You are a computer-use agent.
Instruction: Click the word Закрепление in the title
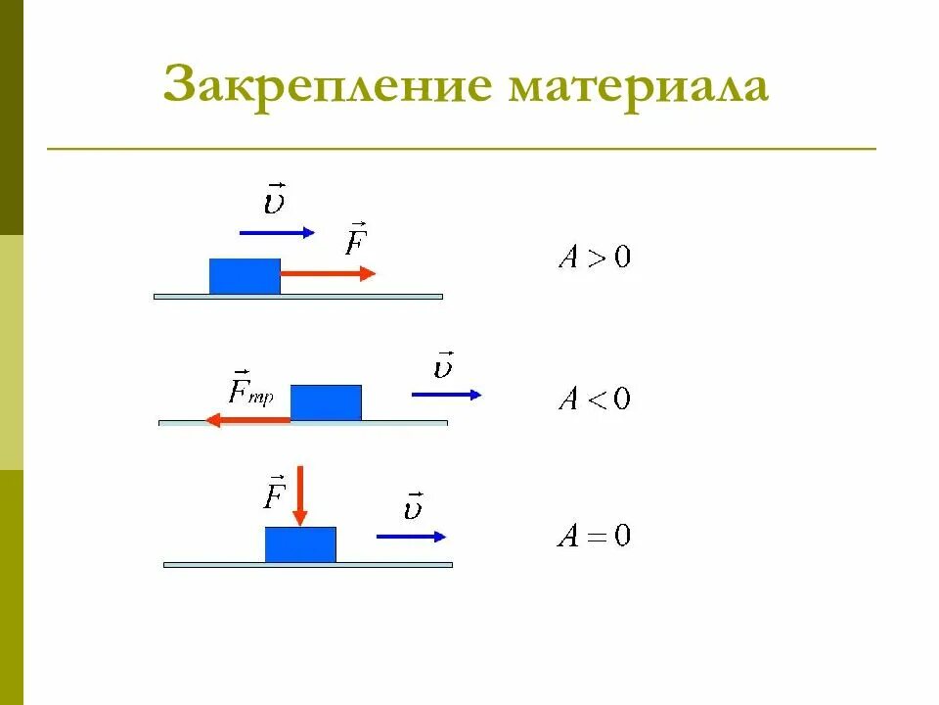point(327,85)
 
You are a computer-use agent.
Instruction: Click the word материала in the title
point(638,87)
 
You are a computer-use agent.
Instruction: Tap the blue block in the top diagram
point(245,276)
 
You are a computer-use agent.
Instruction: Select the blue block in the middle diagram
point(326,402)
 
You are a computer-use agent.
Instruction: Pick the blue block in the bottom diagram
point(300,544)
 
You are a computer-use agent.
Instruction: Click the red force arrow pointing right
point(328,274)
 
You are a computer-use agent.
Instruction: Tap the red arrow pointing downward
point(300,496)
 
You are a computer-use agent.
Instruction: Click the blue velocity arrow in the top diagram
point(277,232)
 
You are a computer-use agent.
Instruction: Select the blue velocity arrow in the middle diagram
point(447,394)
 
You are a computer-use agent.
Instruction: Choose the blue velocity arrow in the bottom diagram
point(412,536)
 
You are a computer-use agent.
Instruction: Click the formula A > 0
point(594,258)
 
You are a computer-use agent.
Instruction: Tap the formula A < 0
point(594,399)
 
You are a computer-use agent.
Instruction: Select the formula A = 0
point(594,537)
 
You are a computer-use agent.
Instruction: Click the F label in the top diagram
point(355,240)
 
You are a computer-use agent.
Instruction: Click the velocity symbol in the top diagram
point(275,201)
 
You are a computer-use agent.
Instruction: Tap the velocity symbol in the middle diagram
point(444,365)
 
